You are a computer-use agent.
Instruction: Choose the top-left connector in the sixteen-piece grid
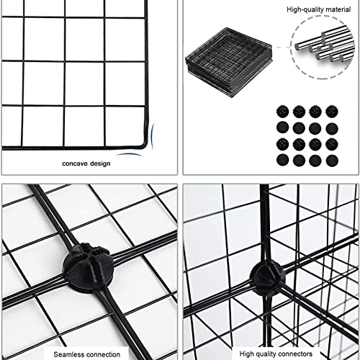(282, 111)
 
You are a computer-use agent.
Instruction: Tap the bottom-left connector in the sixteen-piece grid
(282, 158)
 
